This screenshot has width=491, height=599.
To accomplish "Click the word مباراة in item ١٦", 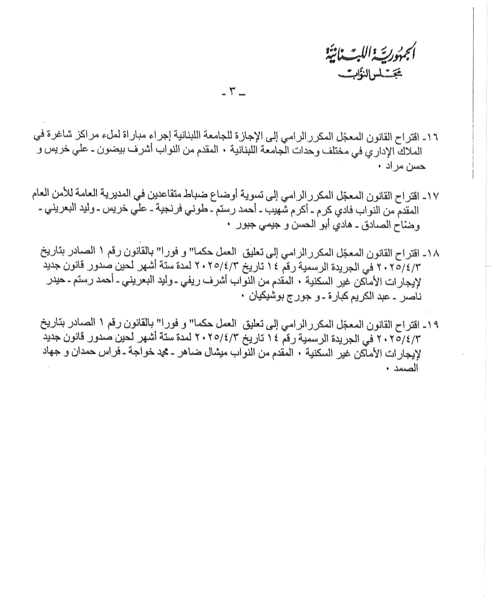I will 168,137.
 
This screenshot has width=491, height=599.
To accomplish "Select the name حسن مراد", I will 407,166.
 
